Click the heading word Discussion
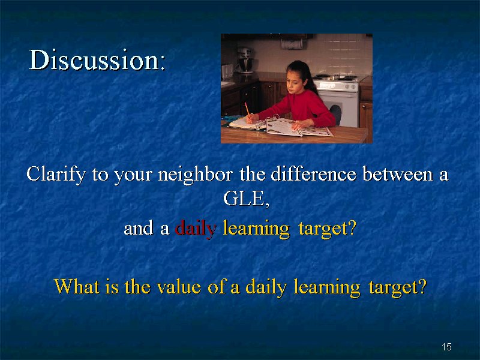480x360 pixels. [x=97, y=59]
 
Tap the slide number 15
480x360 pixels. [x=446, y=347]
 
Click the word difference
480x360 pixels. [x=313, y=174]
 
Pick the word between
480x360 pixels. [x=398, y=174]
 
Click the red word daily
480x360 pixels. [x=196, y=229]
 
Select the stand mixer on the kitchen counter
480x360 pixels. [x=245, y=60]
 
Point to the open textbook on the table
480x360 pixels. [x=298, y=127]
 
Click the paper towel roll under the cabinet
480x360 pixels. [x=292, y=44]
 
